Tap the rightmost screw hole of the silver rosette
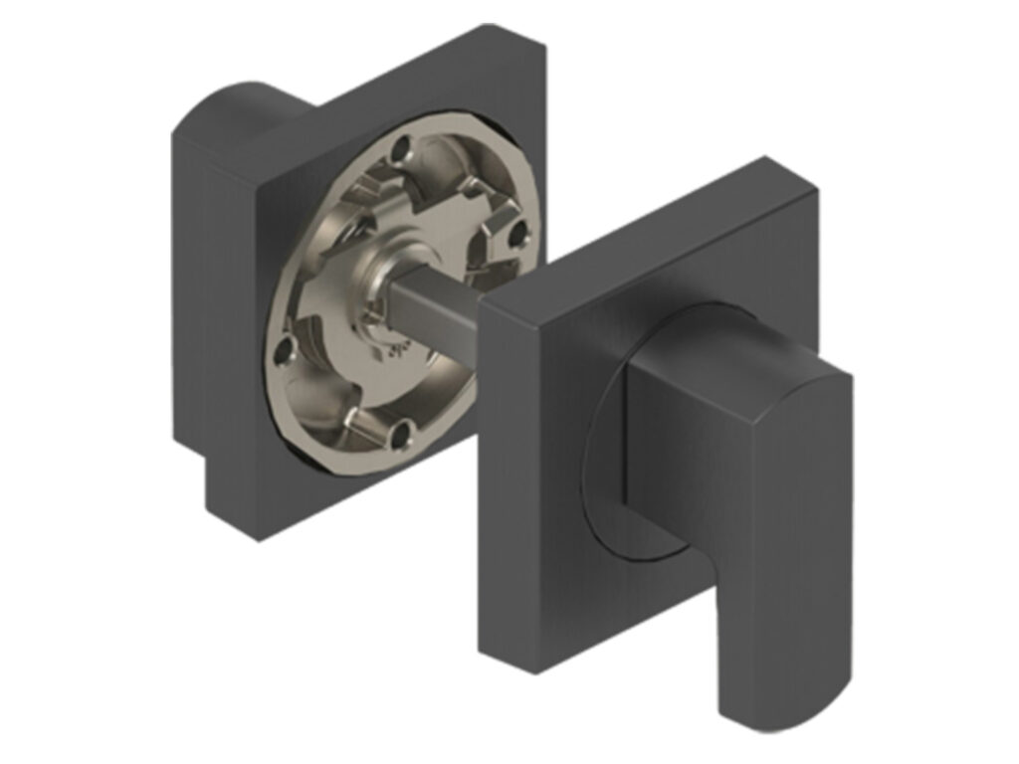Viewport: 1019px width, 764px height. coord(516,235)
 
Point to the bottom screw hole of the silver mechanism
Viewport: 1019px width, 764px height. coord(401,432)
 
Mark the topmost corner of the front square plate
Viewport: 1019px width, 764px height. coord(764,159)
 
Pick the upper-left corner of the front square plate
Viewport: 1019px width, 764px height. coord(482,304)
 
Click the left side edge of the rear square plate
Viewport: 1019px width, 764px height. coord(189,298)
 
